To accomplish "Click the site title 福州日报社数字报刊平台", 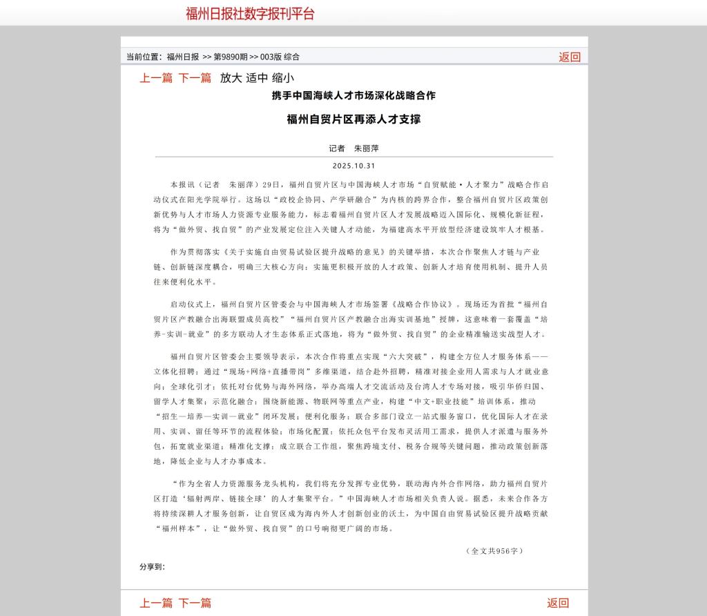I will click(250, 14).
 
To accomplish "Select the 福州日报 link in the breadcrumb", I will click(183, 57).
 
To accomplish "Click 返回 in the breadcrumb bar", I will click(570, 57).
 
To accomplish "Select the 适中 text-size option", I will click(257, 78).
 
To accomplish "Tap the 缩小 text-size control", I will click(283, 78).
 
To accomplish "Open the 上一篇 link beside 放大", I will click(156, 78).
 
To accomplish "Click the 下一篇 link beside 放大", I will click(195, 78).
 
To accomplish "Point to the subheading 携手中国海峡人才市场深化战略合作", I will click(353, 95).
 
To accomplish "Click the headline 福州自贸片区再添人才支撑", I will click(353, 119).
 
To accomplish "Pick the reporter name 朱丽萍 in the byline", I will click(367, 148).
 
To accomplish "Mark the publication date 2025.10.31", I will click(353, 166).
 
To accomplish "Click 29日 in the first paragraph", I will click(272, 185).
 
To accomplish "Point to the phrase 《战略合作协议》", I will click(423, 304).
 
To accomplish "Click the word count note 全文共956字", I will click(495, 551).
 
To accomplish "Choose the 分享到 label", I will click(152, 567).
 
